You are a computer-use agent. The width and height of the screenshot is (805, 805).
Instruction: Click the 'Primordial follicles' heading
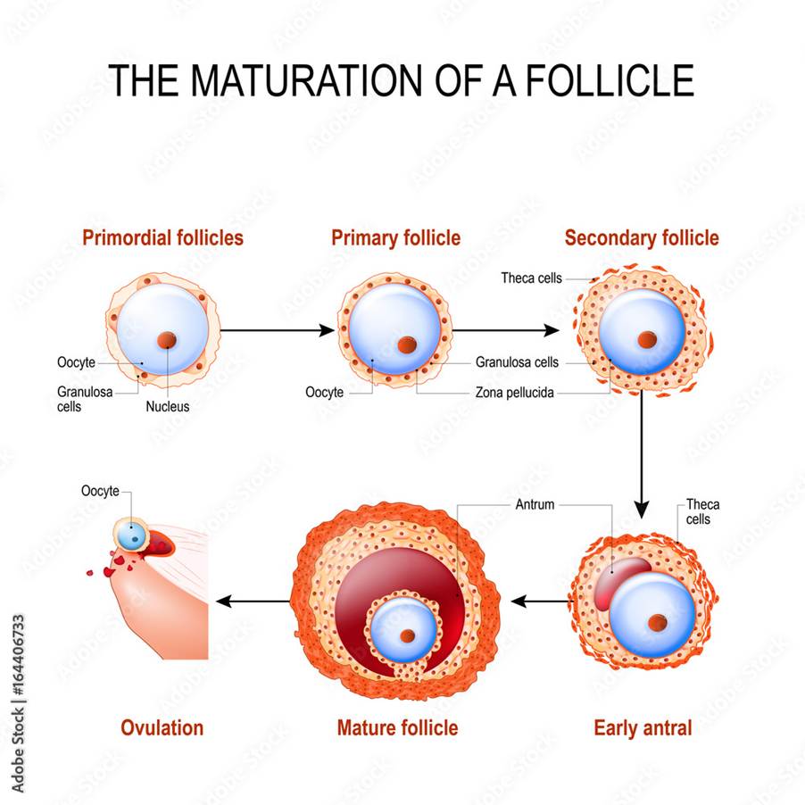(162, 237)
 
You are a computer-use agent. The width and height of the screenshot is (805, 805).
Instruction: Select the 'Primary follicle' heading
(396, 238)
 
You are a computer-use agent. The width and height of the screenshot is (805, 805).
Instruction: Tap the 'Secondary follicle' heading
(642, 238)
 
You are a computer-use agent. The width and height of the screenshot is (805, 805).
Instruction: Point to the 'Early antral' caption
(643, 728)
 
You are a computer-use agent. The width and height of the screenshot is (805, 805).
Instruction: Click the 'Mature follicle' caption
(397, 728)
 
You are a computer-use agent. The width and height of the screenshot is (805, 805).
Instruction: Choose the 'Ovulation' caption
(162, 728)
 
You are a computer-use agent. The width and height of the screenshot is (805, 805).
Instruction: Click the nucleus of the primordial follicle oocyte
(167, 340)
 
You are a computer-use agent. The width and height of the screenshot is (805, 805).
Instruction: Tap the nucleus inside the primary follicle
(407, 344)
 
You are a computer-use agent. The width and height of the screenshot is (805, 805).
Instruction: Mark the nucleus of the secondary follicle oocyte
(647, 339)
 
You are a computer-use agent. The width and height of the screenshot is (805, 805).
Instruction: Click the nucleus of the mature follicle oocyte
(408, 636)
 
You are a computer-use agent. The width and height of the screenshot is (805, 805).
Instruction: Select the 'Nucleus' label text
(168, 407)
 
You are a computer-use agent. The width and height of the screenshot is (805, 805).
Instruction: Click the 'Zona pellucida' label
(514, 393)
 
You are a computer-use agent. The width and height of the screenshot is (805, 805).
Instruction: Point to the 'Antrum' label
(535, 504)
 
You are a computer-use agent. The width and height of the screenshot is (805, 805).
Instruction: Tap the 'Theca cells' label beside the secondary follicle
(531, 278)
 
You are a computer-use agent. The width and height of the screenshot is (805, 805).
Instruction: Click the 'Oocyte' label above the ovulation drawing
(100, 492)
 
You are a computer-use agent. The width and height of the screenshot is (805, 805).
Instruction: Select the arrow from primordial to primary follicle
(278, 330)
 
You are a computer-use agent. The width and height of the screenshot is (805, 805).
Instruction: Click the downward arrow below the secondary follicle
(641, 455)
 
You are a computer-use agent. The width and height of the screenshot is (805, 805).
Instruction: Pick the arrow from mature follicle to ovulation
(253, 602)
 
